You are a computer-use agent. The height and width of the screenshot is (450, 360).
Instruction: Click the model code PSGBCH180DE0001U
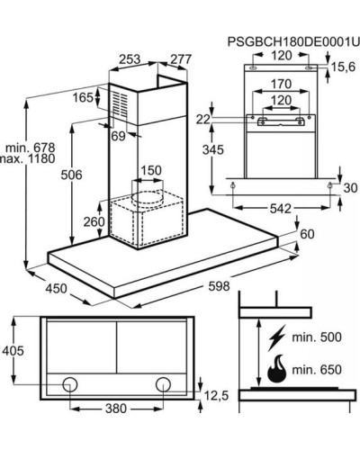click(x=293, y=42)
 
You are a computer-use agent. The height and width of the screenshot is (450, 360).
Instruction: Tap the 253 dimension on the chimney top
click(x=130, y=59)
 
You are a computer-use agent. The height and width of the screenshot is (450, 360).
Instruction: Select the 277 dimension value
click(x=181, y=59)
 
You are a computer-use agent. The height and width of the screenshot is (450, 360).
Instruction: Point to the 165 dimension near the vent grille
click(x=83, y=97)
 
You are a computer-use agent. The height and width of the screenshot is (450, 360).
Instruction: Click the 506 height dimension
click(x=71, y=175)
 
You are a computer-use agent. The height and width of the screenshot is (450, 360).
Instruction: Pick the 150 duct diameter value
click(x=151, y=170)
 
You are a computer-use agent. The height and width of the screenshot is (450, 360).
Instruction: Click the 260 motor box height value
click(x=94, y=222)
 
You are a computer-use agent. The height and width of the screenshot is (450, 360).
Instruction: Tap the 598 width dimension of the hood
click(x=219, y=286)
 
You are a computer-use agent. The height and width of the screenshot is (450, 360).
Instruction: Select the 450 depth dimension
click(x=56, y=289)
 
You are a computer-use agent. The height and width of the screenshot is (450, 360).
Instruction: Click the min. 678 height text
click(x=31, y=148)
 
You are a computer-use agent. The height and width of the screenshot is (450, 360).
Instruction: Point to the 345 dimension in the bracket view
click(x=213, y=149)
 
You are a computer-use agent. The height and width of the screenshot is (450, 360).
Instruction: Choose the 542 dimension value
click(x=281, y=209)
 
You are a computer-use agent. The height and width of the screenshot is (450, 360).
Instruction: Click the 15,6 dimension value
click(x=343, y=67)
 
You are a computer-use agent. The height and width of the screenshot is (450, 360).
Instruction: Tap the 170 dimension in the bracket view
click(x=281, y=84)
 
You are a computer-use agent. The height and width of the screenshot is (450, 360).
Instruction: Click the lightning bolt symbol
click(x=277, y=337)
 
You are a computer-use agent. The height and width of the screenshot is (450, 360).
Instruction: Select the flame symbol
click(x=276, y=369)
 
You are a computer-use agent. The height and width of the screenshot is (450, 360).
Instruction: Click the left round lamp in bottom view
click(x=70, y=384)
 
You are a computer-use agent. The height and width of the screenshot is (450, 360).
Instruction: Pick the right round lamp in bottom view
click(x=164, y=384)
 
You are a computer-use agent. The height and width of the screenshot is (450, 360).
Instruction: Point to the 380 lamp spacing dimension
click(x=116, y=409)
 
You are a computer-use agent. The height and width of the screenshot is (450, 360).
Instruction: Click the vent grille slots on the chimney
click(x=120, y=103)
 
